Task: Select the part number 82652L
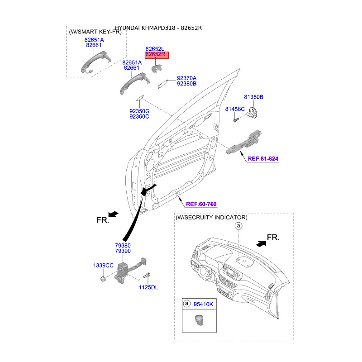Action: click(155, 48)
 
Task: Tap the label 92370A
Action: click(186, 78)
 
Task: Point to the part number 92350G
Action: click(139, 111)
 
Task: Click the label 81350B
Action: click(253, 97)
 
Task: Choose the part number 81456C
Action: click(235, 109)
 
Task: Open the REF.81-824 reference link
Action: click(263, 159)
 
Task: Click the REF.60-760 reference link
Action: click(201, 204)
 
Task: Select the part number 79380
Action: click(123, 245)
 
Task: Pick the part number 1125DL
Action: click(148, 287)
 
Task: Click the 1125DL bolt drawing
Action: click(147, 275)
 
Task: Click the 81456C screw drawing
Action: click(236, 119)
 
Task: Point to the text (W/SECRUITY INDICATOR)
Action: click(211, 218)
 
